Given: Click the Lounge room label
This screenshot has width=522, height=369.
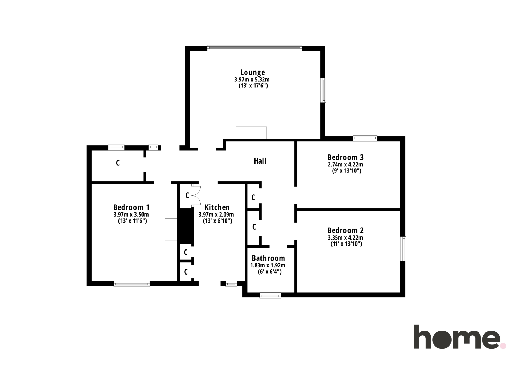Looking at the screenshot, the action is click(253, 72).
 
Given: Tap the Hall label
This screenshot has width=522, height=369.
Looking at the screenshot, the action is click(260, 161).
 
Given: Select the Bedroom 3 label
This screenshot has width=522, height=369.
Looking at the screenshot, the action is click(345, 157).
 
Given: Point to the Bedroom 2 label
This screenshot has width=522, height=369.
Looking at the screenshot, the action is click(345, 230).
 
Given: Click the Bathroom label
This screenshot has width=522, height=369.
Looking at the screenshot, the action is click(268, 258).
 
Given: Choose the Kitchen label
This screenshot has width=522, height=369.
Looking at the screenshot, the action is click(217, 207).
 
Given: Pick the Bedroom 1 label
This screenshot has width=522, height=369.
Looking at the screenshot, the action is click(131, 207).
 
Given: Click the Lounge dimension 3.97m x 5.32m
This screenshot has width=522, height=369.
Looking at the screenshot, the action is click(252, 80).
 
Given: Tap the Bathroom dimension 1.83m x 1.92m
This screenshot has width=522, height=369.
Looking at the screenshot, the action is click(268, 266).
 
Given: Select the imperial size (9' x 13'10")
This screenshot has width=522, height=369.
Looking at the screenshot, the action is click(346, 171).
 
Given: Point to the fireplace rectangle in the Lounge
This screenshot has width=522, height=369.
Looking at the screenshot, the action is click(251, 133).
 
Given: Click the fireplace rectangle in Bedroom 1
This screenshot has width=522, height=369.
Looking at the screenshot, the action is click(171, 230).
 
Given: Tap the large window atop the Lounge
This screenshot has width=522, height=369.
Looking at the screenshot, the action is click(255, 48).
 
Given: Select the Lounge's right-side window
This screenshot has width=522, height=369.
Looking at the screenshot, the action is click(323, 90).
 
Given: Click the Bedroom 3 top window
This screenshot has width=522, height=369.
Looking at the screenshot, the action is click(365, 138).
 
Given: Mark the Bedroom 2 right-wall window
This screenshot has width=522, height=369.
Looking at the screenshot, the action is click(403, 249).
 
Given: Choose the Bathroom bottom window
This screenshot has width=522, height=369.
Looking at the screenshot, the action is click(270, 295).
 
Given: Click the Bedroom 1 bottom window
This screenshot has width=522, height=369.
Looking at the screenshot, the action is click(132, 284).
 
